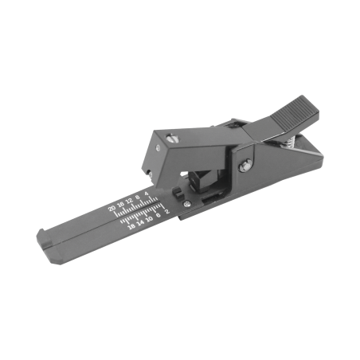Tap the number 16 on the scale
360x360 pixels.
tap(121, 205)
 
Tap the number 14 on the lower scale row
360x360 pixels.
tap(141, 222)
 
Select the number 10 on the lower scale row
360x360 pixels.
tap(150, 219)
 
